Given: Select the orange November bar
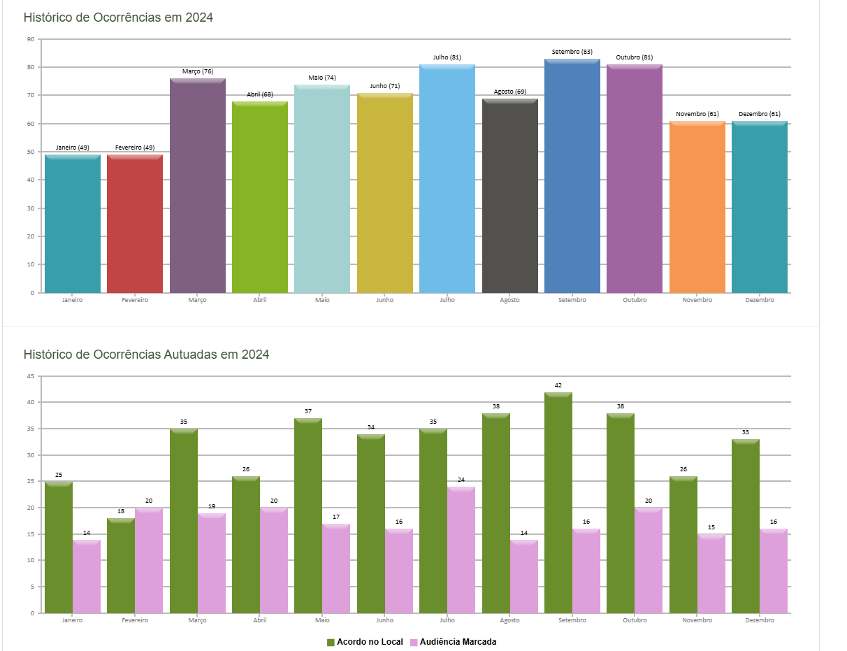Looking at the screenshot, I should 697,207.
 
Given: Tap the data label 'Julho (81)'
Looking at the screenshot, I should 447,57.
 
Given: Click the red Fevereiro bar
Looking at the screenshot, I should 135,224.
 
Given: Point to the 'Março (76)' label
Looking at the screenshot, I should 198,71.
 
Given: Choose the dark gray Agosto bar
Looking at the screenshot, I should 509,196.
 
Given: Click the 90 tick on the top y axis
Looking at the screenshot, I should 31,39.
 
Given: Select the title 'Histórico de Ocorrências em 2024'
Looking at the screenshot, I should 118,17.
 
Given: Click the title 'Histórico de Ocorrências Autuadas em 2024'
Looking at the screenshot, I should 146,355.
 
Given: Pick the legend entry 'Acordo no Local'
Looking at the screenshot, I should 365,642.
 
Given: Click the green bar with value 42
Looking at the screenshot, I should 558,503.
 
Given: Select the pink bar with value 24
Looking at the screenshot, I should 461,550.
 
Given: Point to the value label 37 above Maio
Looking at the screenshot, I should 308,411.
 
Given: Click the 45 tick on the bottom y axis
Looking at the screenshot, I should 31,376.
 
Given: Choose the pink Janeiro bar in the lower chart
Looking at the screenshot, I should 87,577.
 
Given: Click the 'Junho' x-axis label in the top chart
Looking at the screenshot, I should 384,300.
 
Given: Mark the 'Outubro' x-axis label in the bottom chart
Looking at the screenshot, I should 635,620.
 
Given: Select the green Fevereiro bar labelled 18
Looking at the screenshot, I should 121,566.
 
